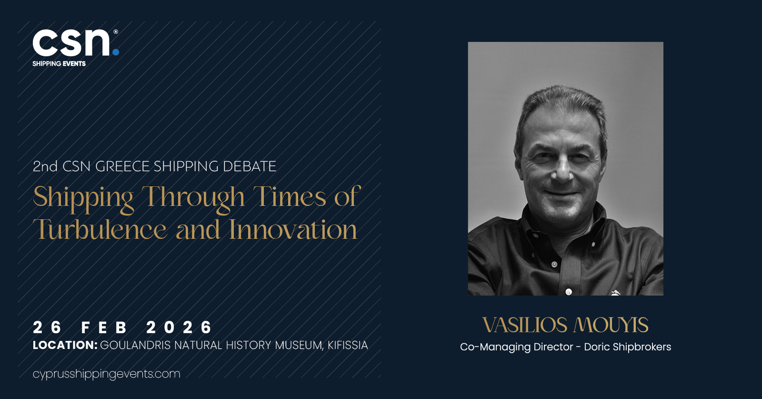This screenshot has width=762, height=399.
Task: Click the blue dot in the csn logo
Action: tap(116, 52)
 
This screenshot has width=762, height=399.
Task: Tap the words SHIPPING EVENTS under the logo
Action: tap(59, 64)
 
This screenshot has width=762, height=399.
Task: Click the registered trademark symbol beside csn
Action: tap(116, 31)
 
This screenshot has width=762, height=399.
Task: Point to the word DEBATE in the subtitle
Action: tap(250, 166)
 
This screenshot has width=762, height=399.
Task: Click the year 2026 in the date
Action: tap(179, 327)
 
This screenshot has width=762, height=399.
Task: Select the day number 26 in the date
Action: tap(47, 327)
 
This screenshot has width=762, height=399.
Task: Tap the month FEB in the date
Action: tap(104, 327)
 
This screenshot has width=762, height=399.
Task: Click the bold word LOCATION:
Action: tap(65, 345)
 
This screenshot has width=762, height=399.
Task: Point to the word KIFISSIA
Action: tap(348, 345)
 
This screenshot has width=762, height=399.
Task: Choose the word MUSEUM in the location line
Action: tap(298, 346)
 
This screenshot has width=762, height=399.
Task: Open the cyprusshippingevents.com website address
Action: tap(107, 374)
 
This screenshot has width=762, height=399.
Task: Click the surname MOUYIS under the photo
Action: tap(611, 325)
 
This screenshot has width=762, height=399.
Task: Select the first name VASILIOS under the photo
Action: tap(525, 325)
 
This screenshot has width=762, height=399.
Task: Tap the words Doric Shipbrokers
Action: tap(628, 347)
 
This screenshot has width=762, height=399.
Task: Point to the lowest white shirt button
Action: tap(569, 292)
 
